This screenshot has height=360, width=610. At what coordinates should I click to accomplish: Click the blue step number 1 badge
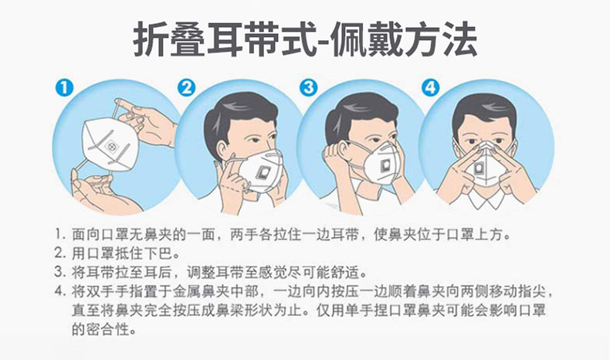tap(64, 87)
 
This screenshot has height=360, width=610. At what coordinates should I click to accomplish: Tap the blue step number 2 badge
tap(187, 88)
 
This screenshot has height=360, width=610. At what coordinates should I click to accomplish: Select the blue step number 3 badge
tap(309, 88)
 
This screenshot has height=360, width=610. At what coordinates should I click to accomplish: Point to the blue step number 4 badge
tap(430, 88)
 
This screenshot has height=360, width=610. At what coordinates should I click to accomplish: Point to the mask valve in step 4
tap(479, 168)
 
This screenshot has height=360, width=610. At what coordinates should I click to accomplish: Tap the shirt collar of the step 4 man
tap(486, 199)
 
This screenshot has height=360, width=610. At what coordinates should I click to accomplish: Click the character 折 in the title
tap(151, 40)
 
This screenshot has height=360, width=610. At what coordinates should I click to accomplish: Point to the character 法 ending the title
tap(459, 40)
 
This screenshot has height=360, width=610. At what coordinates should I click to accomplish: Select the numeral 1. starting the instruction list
tap(59, 235)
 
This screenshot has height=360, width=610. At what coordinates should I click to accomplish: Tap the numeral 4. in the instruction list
tap(59, 291)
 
